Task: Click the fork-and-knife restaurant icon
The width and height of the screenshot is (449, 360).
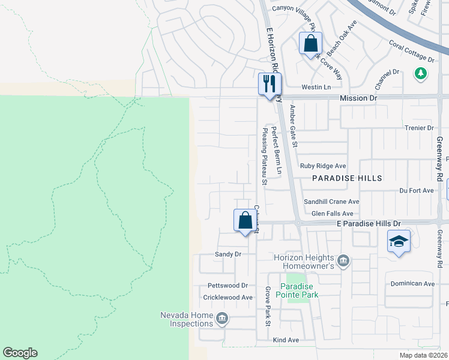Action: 270,83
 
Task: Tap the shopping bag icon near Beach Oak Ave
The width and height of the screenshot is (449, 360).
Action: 310,44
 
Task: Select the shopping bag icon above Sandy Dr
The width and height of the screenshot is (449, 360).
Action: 245,221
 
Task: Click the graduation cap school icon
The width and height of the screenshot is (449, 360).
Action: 399,242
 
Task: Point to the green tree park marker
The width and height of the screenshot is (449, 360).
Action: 421,73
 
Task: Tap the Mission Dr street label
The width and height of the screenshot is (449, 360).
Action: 358,97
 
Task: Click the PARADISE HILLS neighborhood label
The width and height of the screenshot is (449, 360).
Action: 346,179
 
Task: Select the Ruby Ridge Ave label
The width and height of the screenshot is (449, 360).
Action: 324,166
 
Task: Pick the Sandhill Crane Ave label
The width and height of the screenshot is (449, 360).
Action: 331,202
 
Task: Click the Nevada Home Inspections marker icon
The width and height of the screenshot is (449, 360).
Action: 222,319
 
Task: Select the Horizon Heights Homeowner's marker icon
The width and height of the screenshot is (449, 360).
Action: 343,260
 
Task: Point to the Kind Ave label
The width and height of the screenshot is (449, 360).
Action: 286,340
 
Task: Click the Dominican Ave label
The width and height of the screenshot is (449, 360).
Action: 412,284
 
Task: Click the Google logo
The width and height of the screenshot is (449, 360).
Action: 20,353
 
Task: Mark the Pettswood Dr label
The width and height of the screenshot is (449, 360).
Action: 228,286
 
